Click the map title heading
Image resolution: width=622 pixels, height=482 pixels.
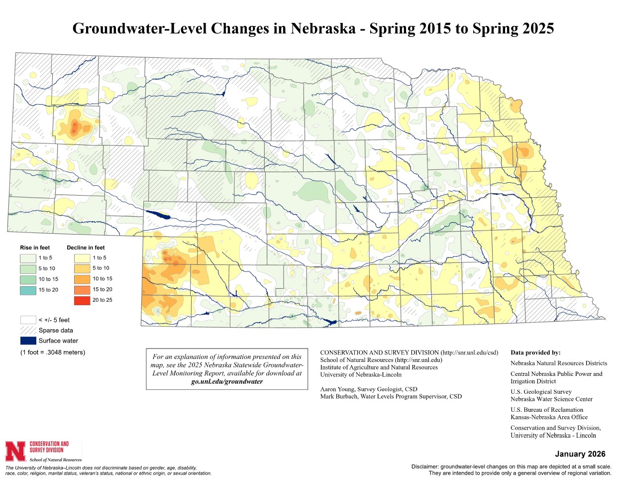313,28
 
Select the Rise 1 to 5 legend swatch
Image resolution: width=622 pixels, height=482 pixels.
28,258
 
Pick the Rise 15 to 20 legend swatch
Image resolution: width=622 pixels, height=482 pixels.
28,290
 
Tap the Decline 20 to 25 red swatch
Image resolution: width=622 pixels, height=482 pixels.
82,300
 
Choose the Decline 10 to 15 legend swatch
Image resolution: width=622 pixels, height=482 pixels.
82,279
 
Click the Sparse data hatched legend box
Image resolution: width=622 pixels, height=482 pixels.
28,331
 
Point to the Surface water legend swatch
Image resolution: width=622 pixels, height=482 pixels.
28,341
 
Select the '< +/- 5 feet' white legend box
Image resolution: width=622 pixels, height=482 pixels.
28,320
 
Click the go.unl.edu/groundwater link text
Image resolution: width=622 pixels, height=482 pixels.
227,381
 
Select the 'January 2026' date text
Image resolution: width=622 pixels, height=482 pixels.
580,454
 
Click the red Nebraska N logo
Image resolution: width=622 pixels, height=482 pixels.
15,451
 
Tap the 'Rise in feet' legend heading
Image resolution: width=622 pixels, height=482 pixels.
35,247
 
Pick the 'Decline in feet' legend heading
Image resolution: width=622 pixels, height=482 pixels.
86,247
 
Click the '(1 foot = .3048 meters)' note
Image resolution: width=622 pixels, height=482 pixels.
53,353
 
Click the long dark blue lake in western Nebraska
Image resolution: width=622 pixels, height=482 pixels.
158,215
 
